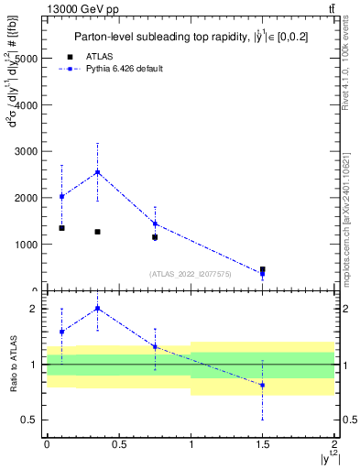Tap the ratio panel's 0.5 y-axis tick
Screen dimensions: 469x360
point(30,420)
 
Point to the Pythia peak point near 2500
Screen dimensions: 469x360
point(97,172)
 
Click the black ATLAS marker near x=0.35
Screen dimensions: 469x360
point(97,232)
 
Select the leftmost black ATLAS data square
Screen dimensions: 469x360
point(61,227)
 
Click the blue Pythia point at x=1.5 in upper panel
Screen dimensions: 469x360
point(263,274)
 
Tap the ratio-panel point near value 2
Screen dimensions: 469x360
point(97,309)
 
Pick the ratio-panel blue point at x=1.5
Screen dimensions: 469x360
point(263,385)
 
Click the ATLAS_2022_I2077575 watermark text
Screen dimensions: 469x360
point(190,273)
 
